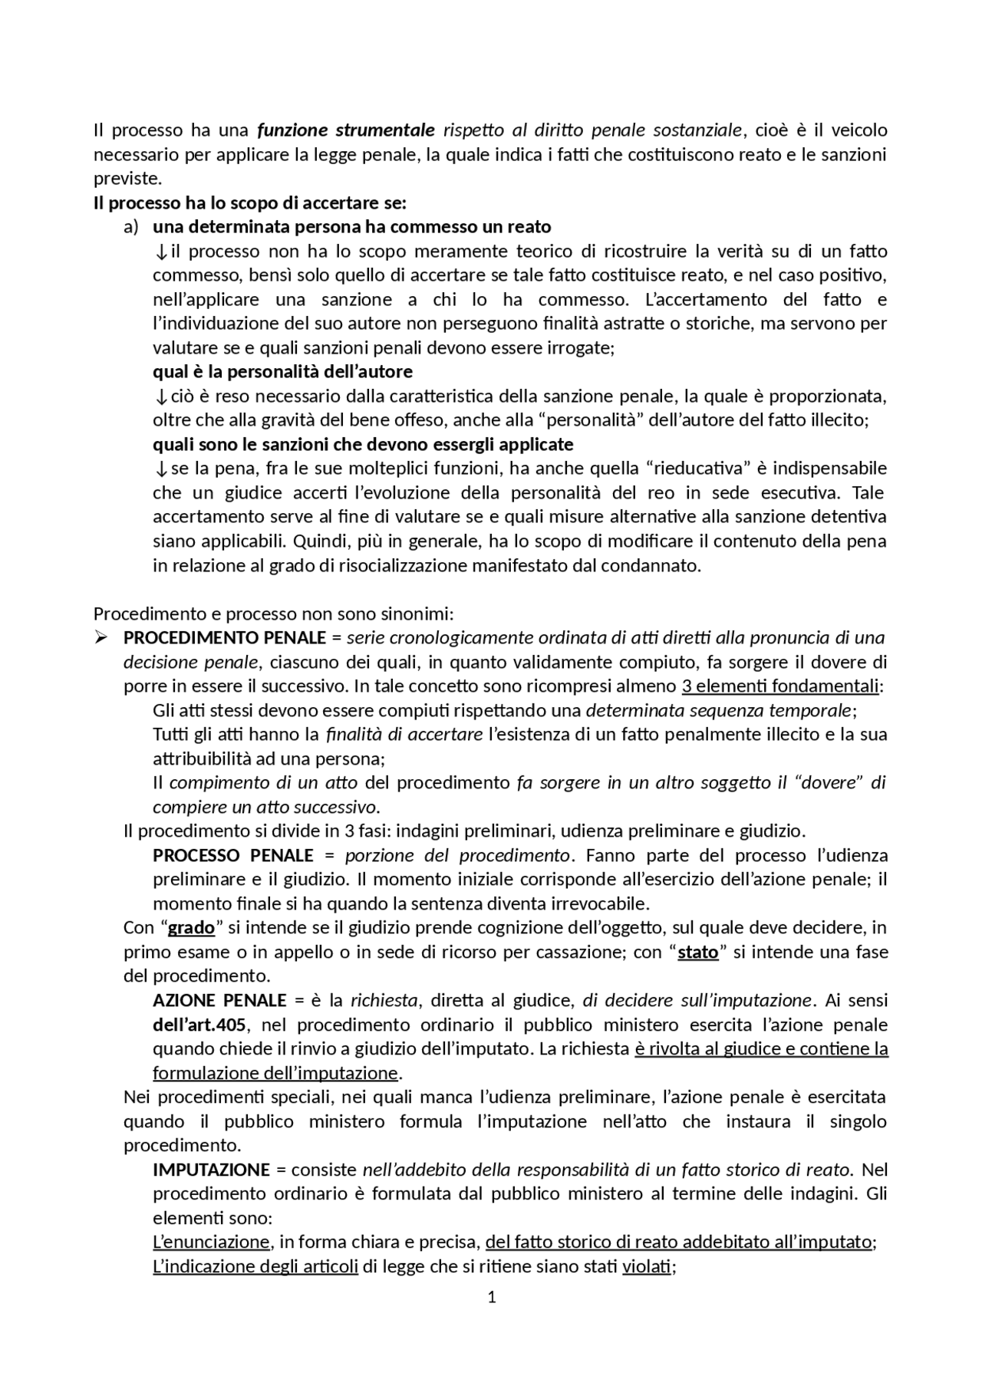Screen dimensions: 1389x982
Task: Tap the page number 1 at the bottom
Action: point(492,1297)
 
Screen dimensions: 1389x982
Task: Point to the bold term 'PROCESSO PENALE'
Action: point(233,855)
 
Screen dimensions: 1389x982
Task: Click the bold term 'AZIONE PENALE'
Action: point(219,1000)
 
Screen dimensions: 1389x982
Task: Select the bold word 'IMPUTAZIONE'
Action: point(212,1170)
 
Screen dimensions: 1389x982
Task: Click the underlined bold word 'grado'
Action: point(191,928)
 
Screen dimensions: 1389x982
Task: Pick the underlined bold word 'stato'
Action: point(698,952)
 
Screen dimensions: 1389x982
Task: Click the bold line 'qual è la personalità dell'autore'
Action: point(282,372)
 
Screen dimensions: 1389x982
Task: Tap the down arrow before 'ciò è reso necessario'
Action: point(160,397)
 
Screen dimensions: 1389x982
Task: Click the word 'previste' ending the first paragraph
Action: point(127,179)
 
